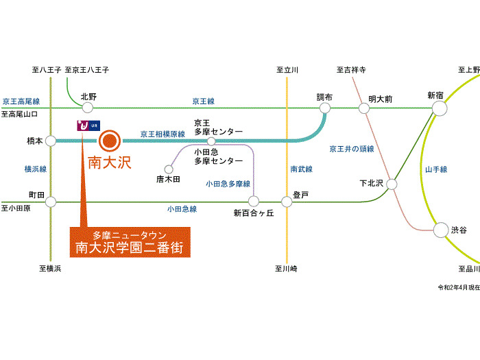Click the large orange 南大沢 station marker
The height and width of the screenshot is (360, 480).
click(110, 141)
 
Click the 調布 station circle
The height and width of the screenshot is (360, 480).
click(326, 107)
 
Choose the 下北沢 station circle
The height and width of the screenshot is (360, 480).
click(392, 184)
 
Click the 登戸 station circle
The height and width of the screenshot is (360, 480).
click(287, 202)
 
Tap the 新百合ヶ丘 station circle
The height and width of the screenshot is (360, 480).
click(254, 202)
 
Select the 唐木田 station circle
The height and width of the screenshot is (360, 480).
click(169, 169)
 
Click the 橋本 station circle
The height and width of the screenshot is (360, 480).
click(51, 141)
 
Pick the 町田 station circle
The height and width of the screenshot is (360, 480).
click(51, 202)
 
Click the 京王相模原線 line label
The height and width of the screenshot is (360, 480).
click(163, 134)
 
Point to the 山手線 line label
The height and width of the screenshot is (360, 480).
click(435, 169)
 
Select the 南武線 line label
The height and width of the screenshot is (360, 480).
click(301, 169)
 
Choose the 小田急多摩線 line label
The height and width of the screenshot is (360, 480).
click(228, 184)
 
